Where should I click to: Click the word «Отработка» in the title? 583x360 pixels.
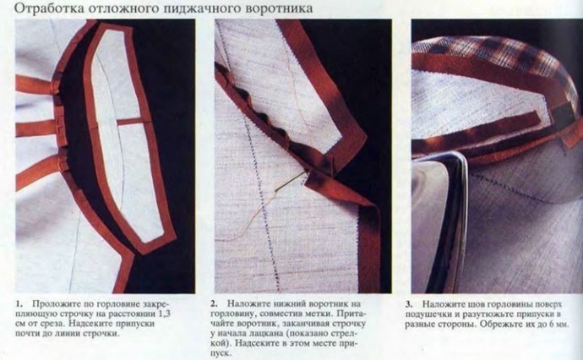(x=49, y=8)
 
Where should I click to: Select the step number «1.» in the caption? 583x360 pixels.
(x=19, y=303)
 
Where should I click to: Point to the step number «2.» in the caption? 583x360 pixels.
(x=215, y=303)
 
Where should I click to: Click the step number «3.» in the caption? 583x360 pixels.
(x=409, y=304)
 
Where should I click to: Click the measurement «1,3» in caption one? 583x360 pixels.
(x=165, y=314)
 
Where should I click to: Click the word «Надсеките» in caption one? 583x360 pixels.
(x=90, y=323)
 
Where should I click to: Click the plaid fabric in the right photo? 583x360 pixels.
(x=494, y=56)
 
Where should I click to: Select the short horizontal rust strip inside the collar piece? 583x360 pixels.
(x=130, y=121)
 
